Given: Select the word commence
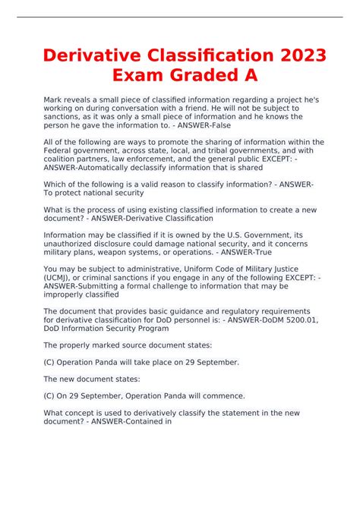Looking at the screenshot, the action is [x=222, y=396].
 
